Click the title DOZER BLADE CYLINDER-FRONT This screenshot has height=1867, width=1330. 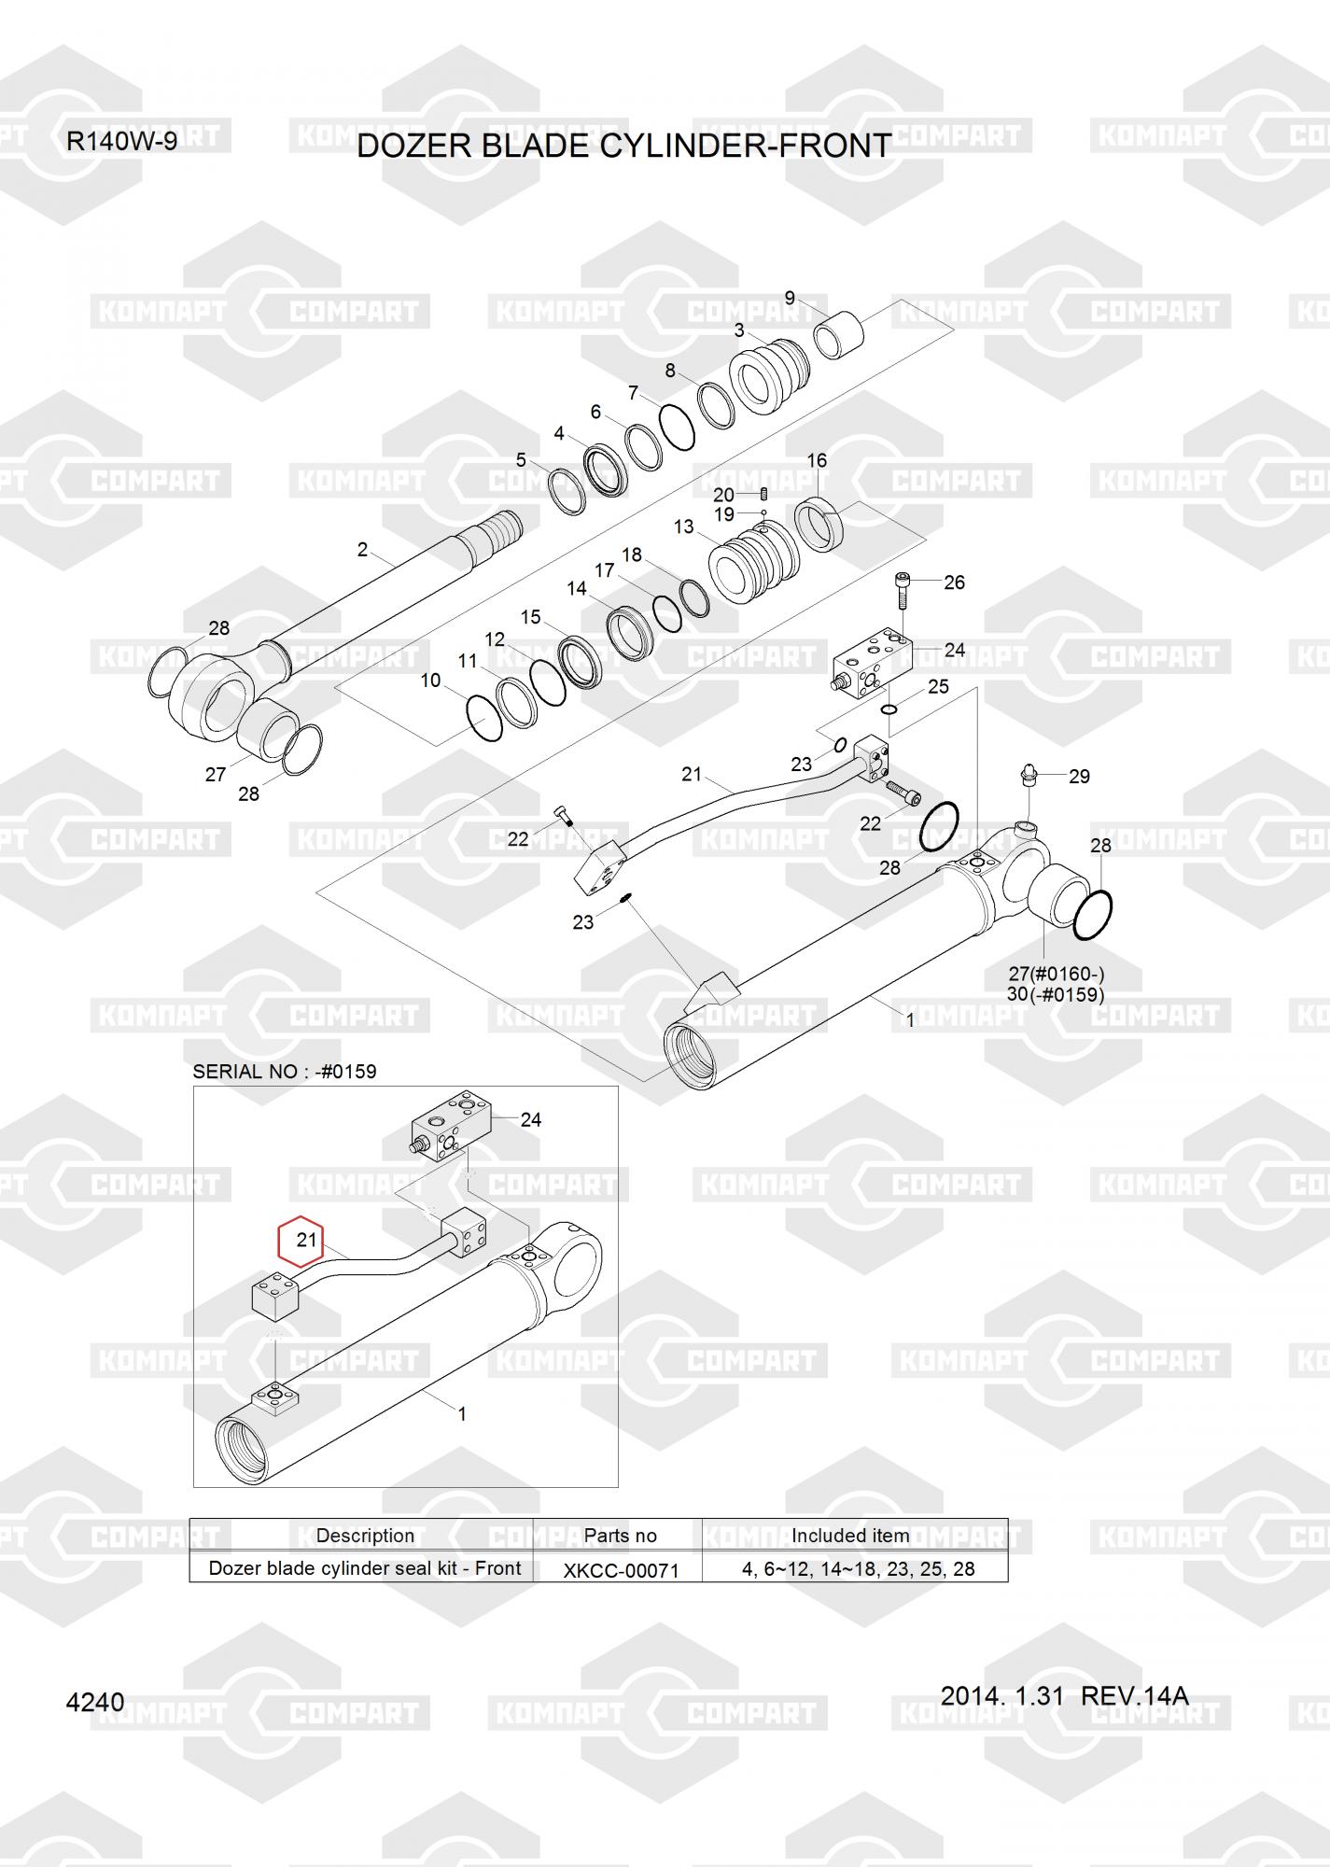624,146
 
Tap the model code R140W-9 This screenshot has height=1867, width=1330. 121,142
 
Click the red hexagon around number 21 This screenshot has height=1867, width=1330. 301,1241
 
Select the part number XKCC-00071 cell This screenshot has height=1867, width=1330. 621,1569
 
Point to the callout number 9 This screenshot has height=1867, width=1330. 790,299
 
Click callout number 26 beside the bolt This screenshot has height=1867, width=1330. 954,583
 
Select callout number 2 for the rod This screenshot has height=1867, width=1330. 362,550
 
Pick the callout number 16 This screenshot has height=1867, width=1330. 817,460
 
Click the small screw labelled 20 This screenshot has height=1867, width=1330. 763,494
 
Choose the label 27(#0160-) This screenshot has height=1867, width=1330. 1061,974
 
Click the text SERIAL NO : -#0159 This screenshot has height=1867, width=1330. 285,1072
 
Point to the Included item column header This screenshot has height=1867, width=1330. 850,1536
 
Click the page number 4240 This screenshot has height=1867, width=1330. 95,1703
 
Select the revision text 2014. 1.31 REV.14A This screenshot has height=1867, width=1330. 1064,1696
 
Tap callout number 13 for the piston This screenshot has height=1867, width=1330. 683,526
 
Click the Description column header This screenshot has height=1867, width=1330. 365,1536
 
